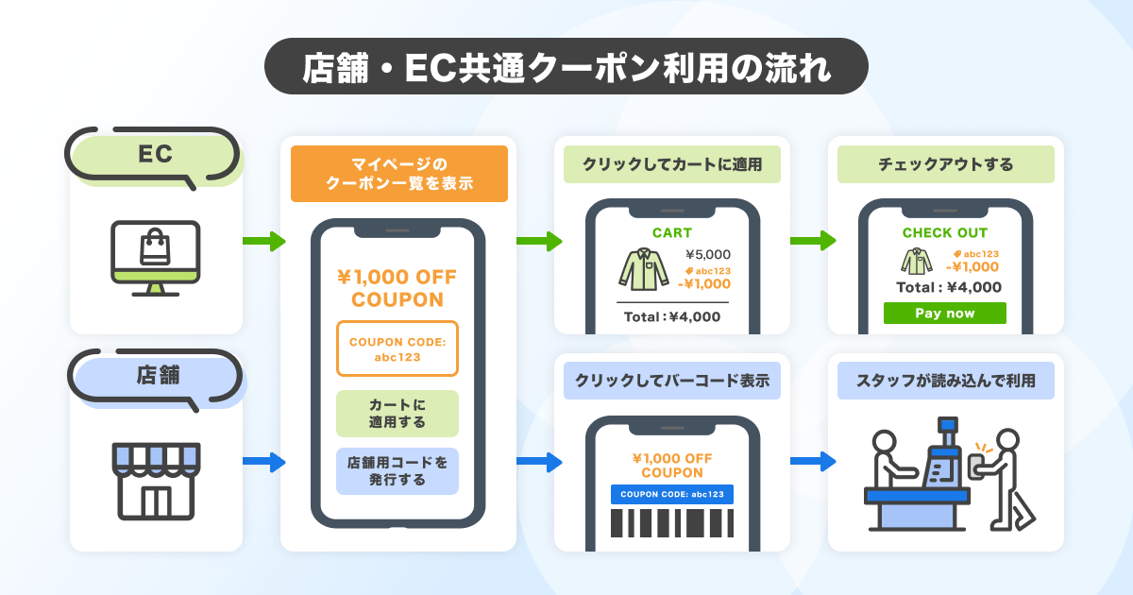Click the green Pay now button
[x=944, y=314]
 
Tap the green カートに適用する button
[x=397, y=414]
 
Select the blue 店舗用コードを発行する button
[x=397, y=470]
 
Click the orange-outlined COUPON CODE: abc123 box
[x=397, y=348]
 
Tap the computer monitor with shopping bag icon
[x=155, y=257]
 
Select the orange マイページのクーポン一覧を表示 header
[x=398, y=174]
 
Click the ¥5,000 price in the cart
[x=707, y=254]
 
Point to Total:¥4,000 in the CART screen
[x=671, y=316]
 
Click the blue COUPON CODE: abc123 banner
[x=671, y=494]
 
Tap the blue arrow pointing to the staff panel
[x=813, y=462]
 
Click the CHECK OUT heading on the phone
[x=944, y=232]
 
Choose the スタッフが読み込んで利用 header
[x=945, y=382]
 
